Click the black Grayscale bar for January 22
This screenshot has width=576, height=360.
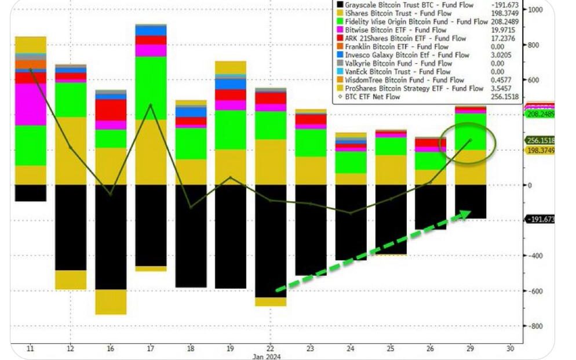pyautogui.click(x=271, y=241)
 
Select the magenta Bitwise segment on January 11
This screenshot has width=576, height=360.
pyautogui.click(x=31, y=104)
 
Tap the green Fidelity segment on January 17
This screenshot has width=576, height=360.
pyautogui.click(x=151, y=88)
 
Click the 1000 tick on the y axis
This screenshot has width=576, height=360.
pyautogui.click(x=535, y=10)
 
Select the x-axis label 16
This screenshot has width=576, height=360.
pyautogui.click(x=111, y=348)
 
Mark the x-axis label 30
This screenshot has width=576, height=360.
pyautogui.click(x=510, y=348)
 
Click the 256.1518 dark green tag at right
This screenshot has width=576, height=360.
pyautogui.click(x=540, y=140)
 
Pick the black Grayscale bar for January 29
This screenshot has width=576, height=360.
pyautogui.click(x=470, y=201)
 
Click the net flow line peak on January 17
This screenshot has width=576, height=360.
pyautogui.click(x=151, y=105)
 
